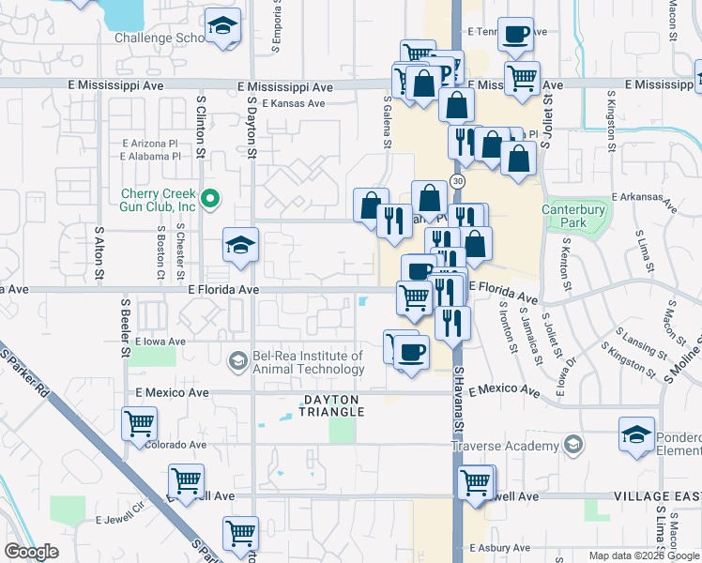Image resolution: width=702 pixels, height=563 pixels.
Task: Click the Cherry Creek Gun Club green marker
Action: point(210,198)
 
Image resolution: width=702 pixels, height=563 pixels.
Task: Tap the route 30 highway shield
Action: point(457,179)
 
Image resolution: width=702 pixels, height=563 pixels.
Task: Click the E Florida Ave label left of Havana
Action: point(222,290)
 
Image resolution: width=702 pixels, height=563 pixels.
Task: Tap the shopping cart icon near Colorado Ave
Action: point(140,422)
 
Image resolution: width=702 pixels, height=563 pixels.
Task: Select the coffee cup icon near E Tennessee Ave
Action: point(515,35)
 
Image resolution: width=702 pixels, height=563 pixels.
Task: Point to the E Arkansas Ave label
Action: point(644,197)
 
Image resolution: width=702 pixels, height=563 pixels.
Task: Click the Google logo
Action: point(32,552)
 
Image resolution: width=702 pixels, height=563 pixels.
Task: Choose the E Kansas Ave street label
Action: point(294,103)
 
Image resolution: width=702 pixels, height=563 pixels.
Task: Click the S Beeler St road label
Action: point(126,328)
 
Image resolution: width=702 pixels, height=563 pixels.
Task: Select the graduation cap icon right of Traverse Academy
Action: point(636,434)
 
